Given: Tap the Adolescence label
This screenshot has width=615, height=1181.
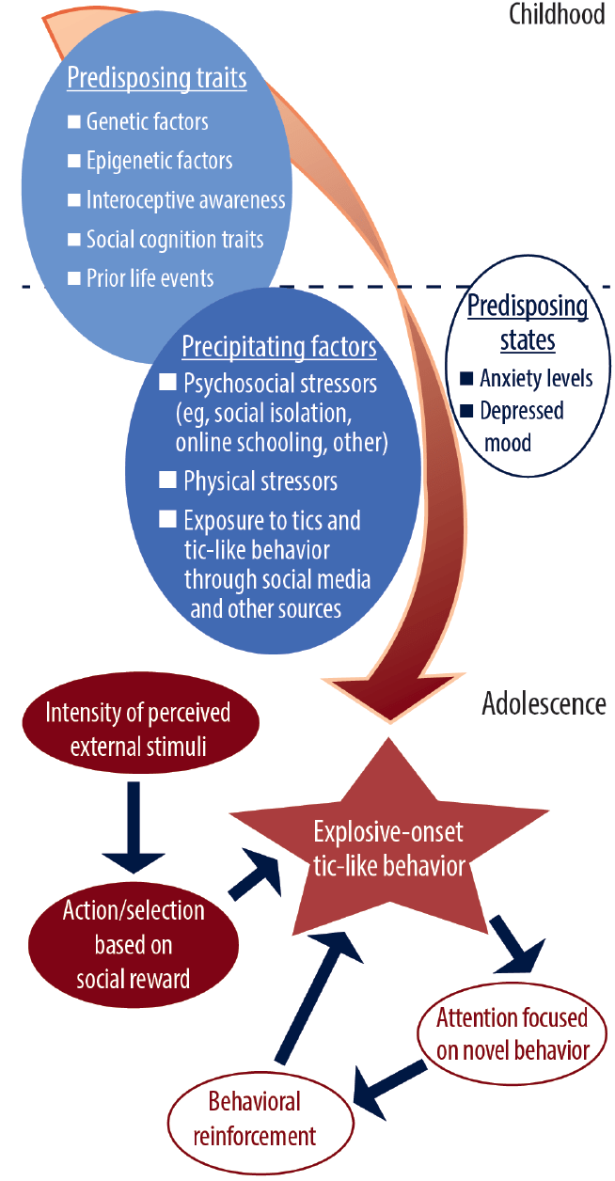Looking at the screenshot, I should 544,703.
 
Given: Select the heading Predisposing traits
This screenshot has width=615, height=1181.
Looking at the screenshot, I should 156,78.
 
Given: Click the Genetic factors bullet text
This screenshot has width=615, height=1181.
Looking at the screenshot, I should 147,122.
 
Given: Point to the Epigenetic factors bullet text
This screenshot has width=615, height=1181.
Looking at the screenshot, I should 159,161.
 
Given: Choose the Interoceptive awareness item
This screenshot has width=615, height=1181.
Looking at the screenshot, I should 185,200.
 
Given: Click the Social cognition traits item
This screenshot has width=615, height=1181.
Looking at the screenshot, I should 174,239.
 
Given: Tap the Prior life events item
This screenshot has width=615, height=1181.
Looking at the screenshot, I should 150,278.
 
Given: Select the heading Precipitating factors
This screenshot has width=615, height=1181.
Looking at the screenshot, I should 279,348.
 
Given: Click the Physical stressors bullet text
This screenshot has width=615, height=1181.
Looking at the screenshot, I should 260,481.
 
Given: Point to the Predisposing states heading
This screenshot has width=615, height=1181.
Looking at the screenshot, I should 528,322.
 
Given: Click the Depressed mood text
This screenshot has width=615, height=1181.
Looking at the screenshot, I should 522,425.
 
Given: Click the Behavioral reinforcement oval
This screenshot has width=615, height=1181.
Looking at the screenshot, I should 255,1118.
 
